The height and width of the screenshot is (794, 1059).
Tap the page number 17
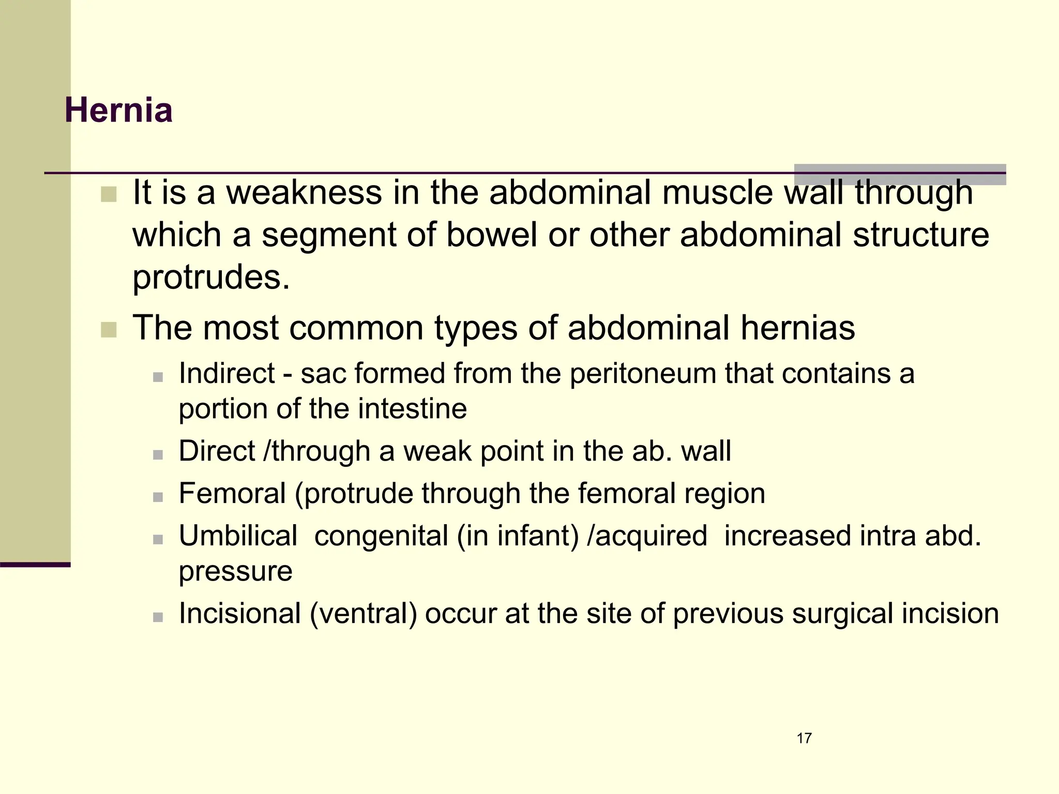[x=804, y=738]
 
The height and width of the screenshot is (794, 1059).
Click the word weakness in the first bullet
[x=304, y=192]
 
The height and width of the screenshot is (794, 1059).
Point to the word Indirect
[x=226, y=373]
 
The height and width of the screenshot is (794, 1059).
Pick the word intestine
[x=412, y=409]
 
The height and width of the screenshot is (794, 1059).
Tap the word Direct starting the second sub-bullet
[x=217, y=451]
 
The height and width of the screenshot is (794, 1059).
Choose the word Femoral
[x=232, y=493]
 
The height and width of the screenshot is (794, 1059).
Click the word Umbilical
[x=238, y=536]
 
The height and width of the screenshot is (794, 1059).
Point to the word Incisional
[x=240, y=614]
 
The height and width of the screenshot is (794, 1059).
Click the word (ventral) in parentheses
[x=363, y=614]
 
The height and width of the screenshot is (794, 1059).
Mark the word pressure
[x=235, y=572]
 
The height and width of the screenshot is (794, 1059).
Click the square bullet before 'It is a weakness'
[x=109, y=195]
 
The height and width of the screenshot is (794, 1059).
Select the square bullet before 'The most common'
[x=109, y=330]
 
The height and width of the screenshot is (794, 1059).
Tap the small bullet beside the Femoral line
[x=158, y=497]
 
